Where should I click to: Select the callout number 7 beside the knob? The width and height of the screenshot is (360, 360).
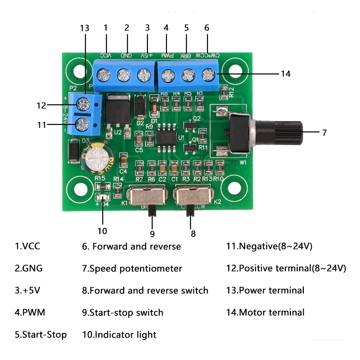pos(324,132)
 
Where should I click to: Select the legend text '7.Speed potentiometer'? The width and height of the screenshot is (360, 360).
pos(132,269)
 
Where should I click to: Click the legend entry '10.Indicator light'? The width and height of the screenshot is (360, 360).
pos(119,335)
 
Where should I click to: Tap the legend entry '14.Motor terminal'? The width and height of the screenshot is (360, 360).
pos(265,312)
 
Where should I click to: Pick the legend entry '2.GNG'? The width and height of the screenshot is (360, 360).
pos(28,269)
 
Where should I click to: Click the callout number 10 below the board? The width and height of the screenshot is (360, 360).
pos(102,231)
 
